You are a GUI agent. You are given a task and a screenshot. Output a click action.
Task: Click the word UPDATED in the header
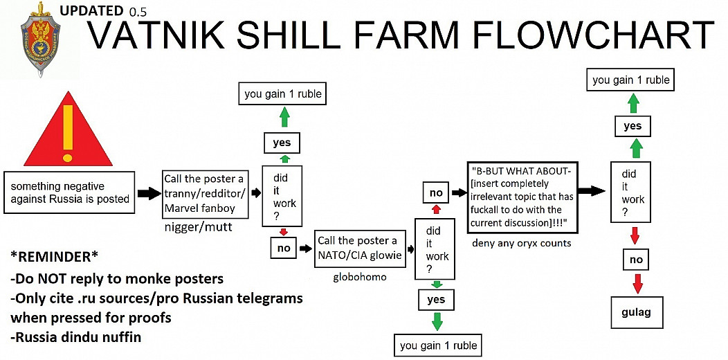tap(91, 10)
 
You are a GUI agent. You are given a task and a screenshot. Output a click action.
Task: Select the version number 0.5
tap(138, 12)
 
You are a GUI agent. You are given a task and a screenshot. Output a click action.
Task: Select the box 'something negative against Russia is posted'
tap(69, 192)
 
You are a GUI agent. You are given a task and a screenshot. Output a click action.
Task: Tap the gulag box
tap(636, 312)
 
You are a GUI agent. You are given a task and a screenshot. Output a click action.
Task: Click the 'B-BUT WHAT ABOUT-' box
tap(522, 197)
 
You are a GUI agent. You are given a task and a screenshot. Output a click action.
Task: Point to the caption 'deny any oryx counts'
tap(522, 243)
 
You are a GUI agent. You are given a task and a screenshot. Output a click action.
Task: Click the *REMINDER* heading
tap(54, 257)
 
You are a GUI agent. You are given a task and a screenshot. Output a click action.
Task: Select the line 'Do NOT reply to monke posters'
tap(116, 279)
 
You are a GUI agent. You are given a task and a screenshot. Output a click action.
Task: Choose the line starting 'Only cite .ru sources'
tap(156, 298)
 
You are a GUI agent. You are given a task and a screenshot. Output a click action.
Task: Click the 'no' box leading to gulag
tap(636, 259)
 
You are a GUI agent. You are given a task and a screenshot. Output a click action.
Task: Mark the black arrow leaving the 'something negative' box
tap(148, 194)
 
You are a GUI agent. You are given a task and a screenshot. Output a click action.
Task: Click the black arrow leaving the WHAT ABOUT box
tap(592, 190)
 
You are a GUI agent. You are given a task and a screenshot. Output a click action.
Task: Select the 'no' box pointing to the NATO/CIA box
tap(284, 249)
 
